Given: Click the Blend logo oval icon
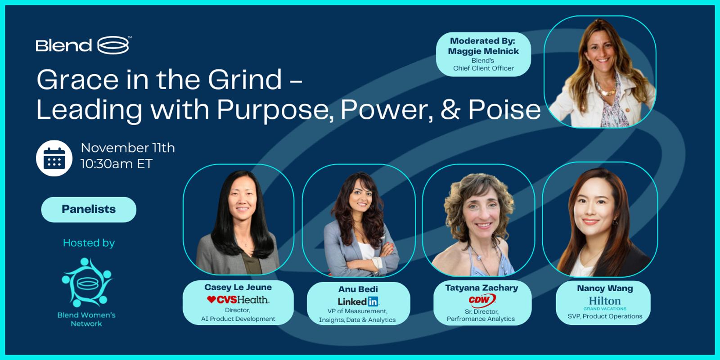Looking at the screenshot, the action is click(113, 45).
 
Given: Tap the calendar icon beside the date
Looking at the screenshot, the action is click(54, 158).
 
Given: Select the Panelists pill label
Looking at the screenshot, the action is click(89, 209).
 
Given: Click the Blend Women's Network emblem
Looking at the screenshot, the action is click(87, 282).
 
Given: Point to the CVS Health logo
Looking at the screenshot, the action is click(238, 300).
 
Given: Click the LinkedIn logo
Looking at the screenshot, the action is click(358, 301).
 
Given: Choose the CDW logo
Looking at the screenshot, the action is click(482, 301).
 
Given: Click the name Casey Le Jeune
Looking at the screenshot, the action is click(238, 287).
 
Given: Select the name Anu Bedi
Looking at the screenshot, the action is click(358, 289).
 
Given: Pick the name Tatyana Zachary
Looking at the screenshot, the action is click(481, 288).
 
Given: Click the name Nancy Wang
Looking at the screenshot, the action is click(605, 288).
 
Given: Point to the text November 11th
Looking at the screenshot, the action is click(128, 148).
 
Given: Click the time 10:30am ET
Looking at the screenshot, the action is click(117, 164).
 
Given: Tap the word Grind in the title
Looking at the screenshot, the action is click(245, 79).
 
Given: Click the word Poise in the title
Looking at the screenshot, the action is click(504, 110).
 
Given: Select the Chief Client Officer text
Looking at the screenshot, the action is click(483, 68).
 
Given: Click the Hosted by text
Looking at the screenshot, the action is click(89, 243).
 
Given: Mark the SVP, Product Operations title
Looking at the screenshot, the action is click(605, 316).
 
